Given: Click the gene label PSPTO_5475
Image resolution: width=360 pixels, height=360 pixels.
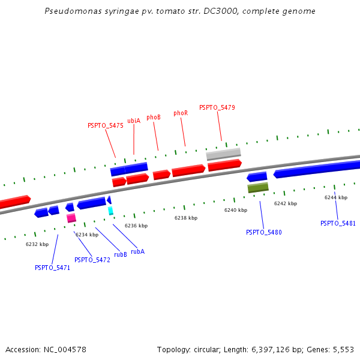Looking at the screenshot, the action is [x=106, y=126].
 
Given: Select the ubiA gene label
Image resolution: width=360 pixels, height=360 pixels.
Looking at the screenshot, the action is [x=134, y=121].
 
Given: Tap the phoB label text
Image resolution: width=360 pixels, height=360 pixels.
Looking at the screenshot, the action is [x=154, y=118].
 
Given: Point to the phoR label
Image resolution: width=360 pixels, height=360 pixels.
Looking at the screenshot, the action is [x=181, y=113].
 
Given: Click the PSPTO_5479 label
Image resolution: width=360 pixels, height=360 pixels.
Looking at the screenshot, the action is [x=217, y=107].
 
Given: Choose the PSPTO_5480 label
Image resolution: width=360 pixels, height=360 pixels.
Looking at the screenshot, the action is [x=264, y=232].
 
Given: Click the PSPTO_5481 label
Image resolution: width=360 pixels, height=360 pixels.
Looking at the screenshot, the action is [x=338, y=223].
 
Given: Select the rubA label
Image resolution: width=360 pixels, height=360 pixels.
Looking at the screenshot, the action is [x=137, y=251].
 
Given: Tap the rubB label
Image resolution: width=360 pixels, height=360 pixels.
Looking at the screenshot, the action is [x=121, y=254].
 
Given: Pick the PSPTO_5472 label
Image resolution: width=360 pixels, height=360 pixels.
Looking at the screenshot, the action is [x=92, y=260].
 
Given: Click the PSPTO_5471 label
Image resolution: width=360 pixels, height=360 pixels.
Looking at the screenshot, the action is [x=53, y=268].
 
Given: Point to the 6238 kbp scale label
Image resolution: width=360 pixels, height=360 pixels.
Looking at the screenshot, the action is [x=186, y=218].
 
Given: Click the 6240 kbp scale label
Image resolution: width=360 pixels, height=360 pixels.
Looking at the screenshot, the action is [x=236, y=210].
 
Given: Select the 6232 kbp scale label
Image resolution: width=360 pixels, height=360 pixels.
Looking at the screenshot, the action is [x=37, y=244].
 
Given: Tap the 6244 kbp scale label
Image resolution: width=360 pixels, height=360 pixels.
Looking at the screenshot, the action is [x=336, y=197].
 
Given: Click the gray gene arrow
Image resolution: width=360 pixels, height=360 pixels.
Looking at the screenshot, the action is [x=223, y=154].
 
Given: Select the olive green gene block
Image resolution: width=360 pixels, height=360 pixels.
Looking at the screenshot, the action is [x=258, y=188].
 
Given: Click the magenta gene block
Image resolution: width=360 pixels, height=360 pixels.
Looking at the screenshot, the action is [x=71, y=218].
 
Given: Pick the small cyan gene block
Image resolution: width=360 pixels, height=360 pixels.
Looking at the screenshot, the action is [x=110, y=211].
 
